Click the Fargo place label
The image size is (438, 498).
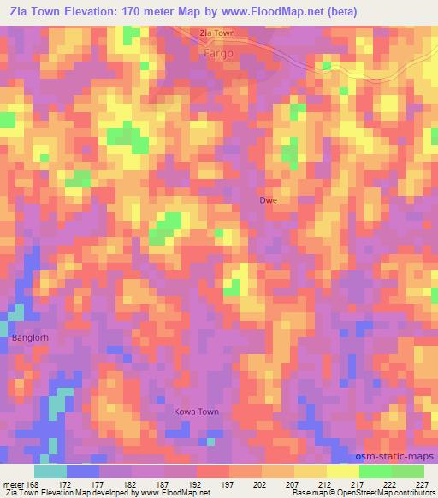(x=219, y=51)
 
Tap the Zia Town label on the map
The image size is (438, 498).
(x=216, y=33)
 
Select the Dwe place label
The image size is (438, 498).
(x=269, y=200)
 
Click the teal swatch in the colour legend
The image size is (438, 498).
(x=50, y=471)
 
